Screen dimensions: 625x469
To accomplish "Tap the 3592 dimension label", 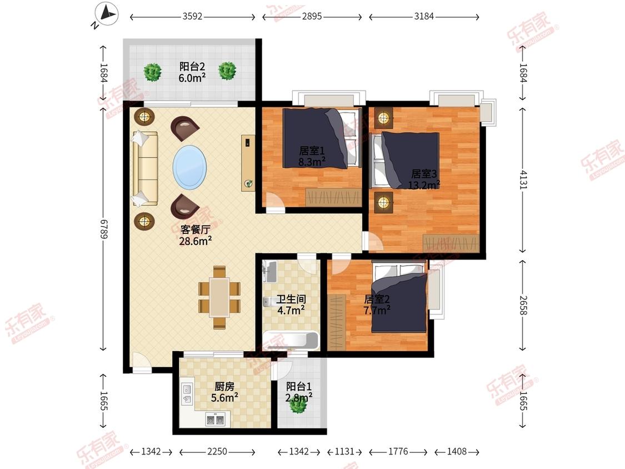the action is tap(193, 17).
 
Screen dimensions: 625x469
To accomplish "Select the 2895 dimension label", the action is tap(312, 17).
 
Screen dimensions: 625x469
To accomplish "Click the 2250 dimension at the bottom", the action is tap(217, 451).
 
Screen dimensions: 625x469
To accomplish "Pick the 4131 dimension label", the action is tap(523, 180).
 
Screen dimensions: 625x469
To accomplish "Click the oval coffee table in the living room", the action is tap(190, 167).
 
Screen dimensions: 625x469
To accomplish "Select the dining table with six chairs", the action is tap(219, 297).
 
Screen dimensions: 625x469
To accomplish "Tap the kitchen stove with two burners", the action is tap(215, 419).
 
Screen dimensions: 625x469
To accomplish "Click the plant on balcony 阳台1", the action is tap(298, 405).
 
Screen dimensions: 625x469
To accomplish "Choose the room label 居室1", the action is tap(312, 151).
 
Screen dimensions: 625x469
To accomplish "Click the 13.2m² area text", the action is tap(424, 184).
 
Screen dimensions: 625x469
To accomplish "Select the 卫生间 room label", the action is tap(291, 299).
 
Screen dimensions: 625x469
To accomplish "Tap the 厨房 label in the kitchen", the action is tap(224, 386).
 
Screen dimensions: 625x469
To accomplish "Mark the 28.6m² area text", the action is tap(196, 241).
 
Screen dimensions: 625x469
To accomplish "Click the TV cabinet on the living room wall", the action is tap(248, 163).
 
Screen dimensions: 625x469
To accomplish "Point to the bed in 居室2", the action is tap(399, 297).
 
